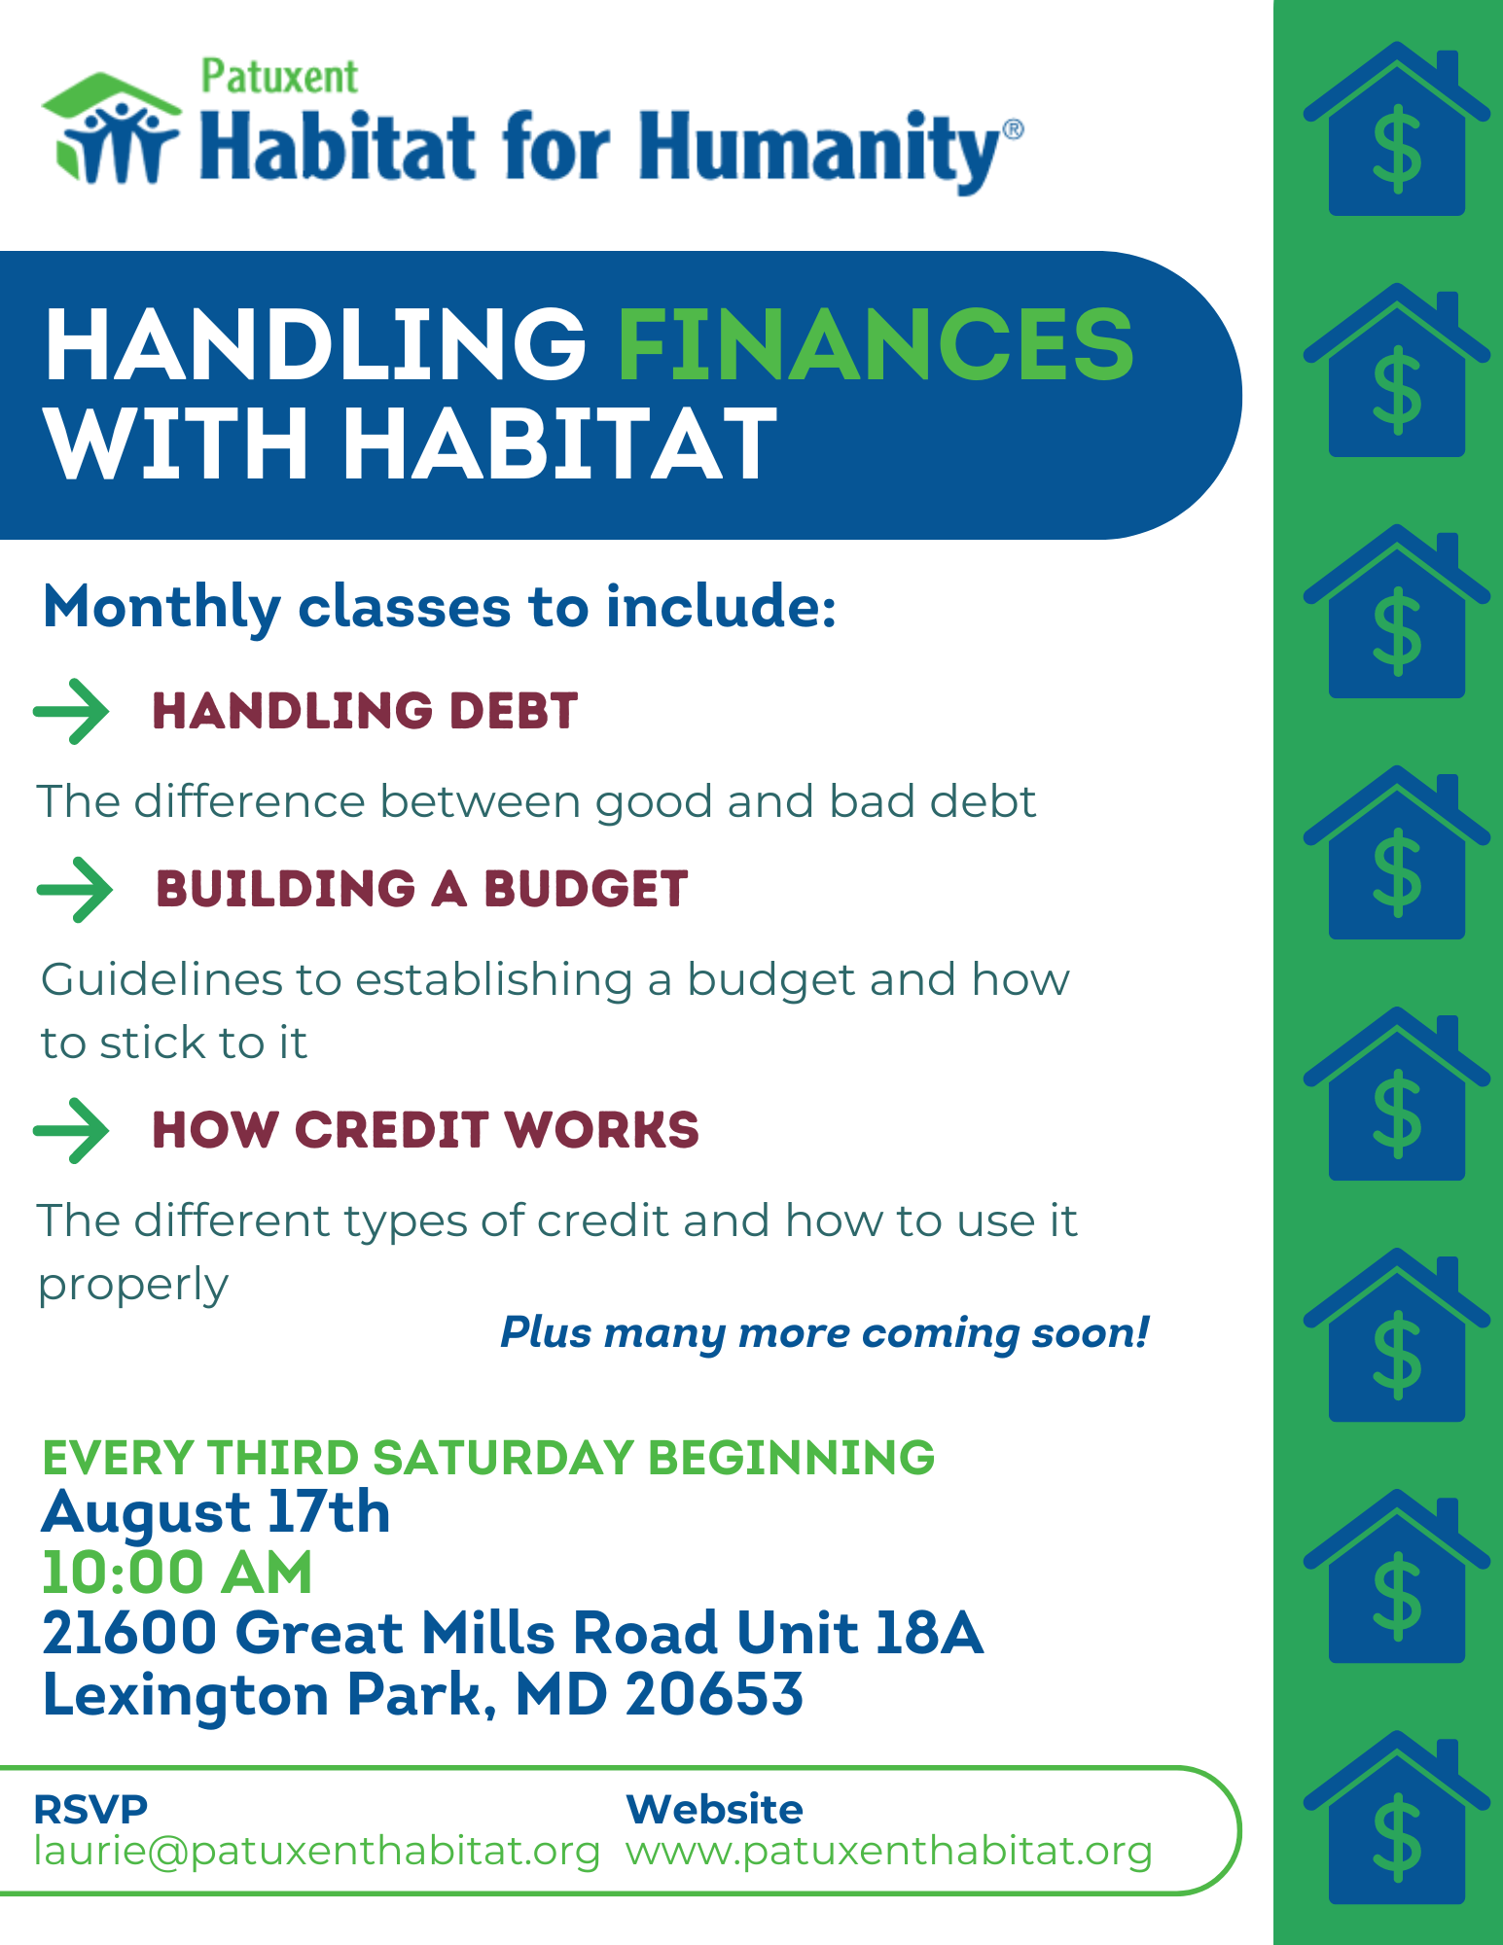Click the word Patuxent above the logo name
pos(279,77)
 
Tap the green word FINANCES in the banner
pos(877,344)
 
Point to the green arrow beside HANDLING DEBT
pos(71,713)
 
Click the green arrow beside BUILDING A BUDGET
pos(75,890)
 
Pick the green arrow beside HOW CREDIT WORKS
pos(71,1131)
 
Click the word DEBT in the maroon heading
pos(514,711)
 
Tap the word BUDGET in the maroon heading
pos(587,889)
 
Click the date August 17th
pos(216,1513)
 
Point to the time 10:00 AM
pos(177,1573)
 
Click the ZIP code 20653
pos(715,1695)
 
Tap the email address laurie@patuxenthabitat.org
pos(317,1852)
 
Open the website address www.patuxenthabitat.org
pos(889,1852)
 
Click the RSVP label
pos(90,1810)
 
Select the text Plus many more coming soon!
pos(825,1332)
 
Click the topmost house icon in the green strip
pos(1397,128)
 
